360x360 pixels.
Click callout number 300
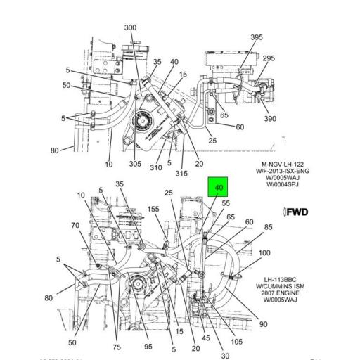tap(130, 27)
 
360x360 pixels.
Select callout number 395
tap(257, 37)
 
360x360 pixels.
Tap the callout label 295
tap(269, 58)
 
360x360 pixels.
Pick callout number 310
tap(156, 167)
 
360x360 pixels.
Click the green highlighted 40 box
tap(219, 188)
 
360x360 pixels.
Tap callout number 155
tap(153, 210)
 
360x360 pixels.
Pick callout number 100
tap(264, 253)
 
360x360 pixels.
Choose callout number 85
tap(269, 227)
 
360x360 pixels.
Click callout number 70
tap(56, 226)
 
